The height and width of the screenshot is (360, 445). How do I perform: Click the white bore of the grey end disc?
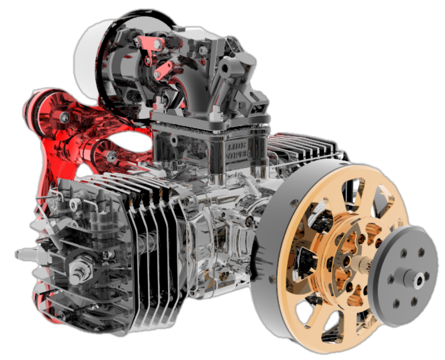point(419,280)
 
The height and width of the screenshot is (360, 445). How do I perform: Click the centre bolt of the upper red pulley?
point(65,117)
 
